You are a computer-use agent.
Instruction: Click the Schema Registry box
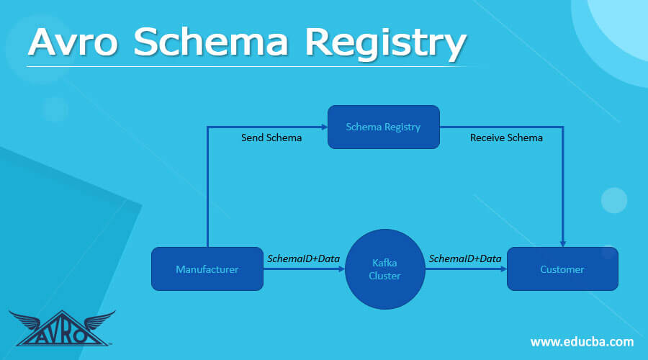383,127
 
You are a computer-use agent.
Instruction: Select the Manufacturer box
207,269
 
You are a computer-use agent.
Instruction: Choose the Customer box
562,269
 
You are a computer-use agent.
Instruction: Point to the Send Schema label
271,138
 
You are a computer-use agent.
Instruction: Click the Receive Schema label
506,138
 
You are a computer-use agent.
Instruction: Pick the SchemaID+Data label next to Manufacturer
304,258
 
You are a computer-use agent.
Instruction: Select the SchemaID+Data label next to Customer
465,258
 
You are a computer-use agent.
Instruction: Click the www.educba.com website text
582,341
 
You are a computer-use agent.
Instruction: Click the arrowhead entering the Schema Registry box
324,127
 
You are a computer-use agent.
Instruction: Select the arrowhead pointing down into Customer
562,243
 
